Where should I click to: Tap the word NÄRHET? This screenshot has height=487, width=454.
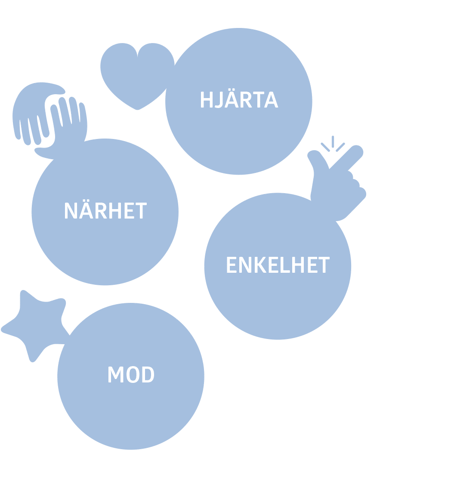coord(105,211)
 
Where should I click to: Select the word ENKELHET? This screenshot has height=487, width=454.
coord(278,265)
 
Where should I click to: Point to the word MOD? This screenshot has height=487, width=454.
coord(131,375)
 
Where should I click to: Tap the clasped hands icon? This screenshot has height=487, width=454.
coord(50,119)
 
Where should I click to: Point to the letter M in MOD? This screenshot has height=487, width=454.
coord(116,375)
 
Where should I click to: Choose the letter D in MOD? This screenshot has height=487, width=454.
coord(148,375)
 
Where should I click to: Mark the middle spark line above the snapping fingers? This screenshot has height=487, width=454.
coord(333,141)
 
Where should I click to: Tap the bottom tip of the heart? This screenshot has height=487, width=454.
coord(138,109)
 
